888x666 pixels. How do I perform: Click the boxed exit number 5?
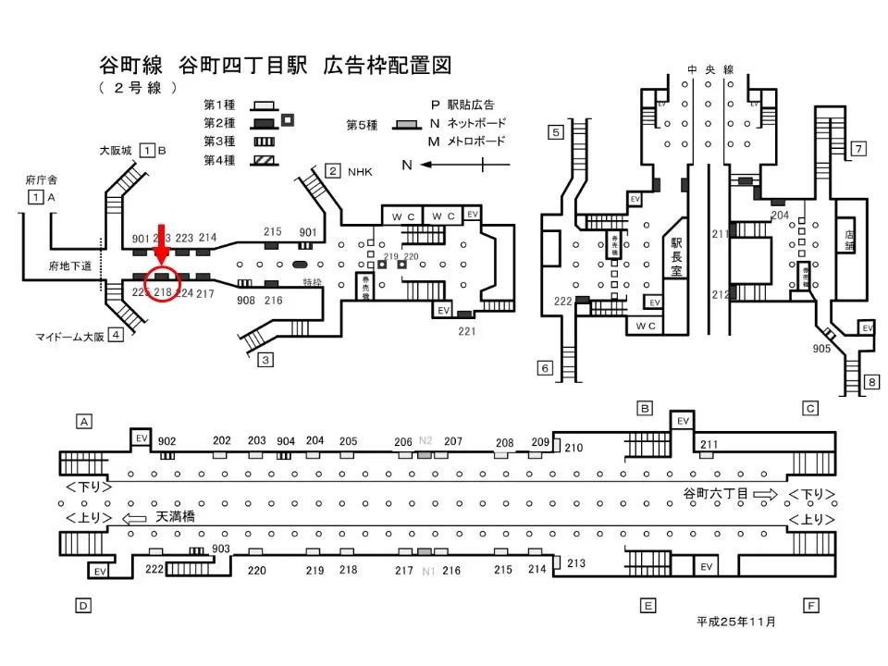click(x=556, y=132)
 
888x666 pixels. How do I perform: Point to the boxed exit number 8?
click(x=870, y=382)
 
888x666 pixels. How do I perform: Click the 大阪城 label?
click(x=117, y=150)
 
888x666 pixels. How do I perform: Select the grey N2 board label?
click(x=425, y=441)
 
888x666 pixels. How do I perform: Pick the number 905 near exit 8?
click(x=820, y=349)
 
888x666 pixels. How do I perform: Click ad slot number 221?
click(x=467, y=331)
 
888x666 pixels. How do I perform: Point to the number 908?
click(x=246, y=301)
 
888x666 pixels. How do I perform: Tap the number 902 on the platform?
click(x=167, y=441)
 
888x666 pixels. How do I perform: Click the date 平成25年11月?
click(x=736, y=622)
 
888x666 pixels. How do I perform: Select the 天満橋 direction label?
click(x=176, y=517)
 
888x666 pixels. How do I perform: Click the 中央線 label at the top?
click(x=710, y=69)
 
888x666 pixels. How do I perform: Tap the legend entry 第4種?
click(x=219, y=160)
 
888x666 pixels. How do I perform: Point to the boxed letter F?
click(x=811, y=606)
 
